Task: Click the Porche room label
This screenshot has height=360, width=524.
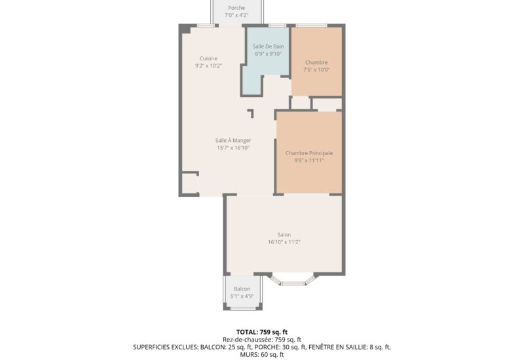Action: coord(236,8)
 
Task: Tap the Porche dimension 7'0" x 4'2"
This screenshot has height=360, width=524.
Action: coord(236,15)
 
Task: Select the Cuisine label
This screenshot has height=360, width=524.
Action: coord(208,58)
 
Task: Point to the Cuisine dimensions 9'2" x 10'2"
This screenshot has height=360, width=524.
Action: coord(208,65)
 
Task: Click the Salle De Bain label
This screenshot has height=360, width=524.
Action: coord(268,46)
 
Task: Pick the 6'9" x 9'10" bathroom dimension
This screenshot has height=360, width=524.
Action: coord(268,54)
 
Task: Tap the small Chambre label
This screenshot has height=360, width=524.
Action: coord(316,62)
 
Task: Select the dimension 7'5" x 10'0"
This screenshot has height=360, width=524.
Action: coord(316,69)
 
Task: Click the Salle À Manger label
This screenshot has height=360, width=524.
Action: coord(233,140)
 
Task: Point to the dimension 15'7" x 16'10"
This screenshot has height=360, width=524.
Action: coord(233,147)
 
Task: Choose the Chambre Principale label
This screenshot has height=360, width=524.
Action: coord(309,153)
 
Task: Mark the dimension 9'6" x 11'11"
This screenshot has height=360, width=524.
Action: coord(309,160)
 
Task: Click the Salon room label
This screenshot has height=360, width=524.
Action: coord(284,234)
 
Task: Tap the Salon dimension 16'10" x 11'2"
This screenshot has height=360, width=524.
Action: coord(284,242)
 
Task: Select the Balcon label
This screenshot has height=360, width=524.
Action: coord(242,289)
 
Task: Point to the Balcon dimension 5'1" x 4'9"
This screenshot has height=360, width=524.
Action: coord(242,296)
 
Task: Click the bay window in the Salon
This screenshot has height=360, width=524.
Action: coord(293,280)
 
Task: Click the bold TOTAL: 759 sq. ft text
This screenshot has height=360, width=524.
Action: coord(262,332)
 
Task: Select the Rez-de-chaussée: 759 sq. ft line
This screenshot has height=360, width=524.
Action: coord(262,340)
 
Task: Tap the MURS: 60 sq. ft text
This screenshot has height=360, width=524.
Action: coord(262,355)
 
